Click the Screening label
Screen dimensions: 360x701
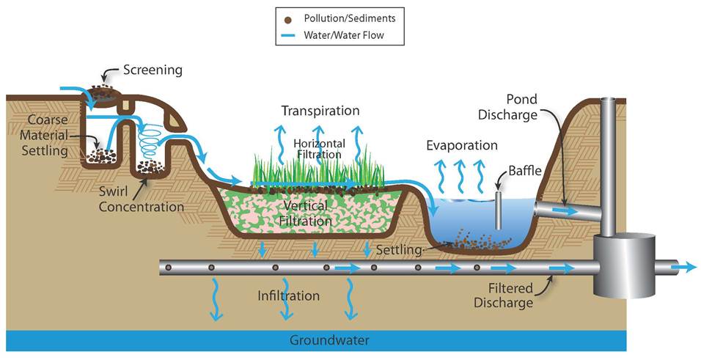pyautogui.click(x=153, y=70)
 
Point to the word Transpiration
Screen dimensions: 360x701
pyautogui.click(x=320, y=111)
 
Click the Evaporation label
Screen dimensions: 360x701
pyautogui.click(x=462, y=145)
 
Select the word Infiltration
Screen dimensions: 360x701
pyautogui.click(x=288, y=296)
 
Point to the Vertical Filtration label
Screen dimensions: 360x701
pyautogui.click(x=301, y=211)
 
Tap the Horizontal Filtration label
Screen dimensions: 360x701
pyautogui.click(x=318, y=149)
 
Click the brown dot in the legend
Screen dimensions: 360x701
pyautogui.click(x=288, y=18)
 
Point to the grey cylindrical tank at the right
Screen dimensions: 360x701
pyautogui.click(x=624, y=264)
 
